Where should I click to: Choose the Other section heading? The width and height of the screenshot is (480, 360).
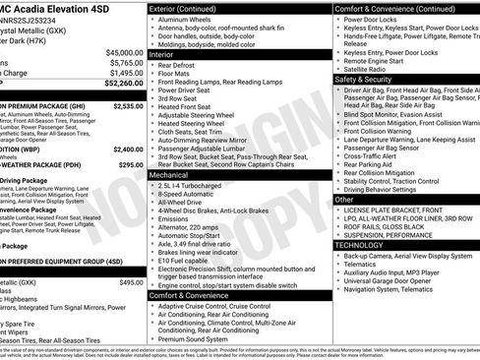coord(344,199)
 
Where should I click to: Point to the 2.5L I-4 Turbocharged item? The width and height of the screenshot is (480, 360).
coord(196,184)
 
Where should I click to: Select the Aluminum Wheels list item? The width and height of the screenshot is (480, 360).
coord(188,21)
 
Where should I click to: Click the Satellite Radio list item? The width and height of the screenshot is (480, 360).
coord(371,70)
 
